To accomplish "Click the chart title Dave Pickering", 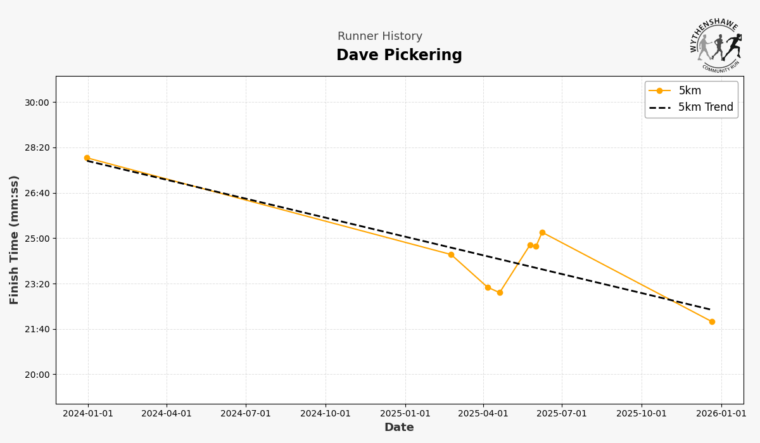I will point(399,56).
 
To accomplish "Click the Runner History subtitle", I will point(380,37).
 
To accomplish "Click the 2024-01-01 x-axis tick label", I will point(88,414).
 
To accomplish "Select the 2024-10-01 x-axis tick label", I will point(326,414).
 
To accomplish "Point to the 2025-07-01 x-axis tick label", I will point(562,414).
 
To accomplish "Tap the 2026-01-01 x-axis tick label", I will point(721,414).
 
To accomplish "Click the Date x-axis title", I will point(399,428).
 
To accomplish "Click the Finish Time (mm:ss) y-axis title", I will point(15,240).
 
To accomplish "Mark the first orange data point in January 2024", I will point(87,158).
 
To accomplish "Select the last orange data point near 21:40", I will point(712,321).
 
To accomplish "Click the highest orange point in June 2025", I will point(542,233).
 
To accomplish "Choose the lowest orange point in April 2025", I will point(500,292).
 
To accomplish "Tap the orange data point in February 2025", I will point(452,254).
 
